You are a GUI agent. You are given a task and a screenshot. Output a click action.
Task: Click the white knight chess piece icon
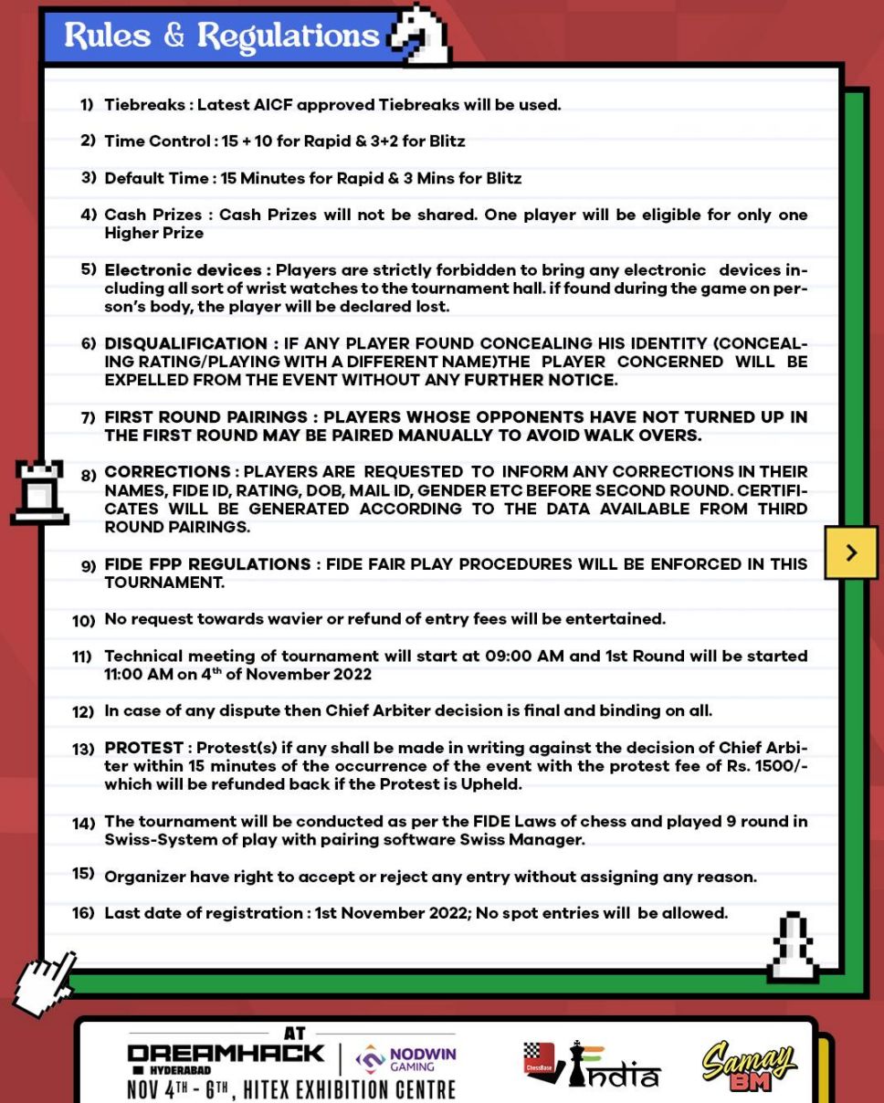click(x=421, y=36)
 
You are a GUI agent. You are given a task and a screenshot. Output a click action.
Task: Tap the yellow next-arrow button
click(x=851, y=552)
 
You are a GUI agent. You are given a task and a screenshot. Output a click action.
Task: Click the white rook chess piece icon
click(x=40, y=492)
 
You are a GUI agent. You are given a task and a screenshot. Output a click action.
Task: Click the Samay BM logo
click(x=749, y=1067)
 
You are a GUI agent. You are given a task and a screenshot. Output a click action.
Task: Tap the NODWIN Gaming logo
click(x=406, y=1060)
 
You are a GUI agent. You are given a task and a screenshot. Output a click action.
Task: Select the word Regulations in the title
click(x=288, y=36)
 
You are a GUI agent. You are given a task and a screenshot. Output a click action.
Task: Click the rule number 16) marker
click(x=83, y=913)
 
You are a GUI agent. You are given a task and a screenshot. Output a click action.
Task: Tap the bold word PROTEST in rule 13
click(x=144, y=748)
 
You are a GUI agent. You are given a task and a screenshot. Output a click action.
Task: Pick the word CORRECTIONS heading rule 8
click(x=167, y=472)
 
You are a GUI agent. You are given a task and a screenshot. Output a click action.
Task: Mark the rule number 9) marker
click(x=88, y=566)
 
